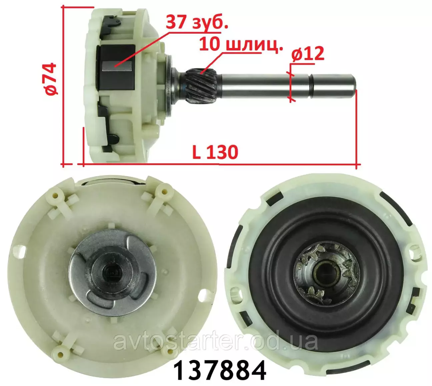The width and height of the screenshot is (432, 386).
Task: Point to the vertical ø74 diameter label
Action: coord(51,79)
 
